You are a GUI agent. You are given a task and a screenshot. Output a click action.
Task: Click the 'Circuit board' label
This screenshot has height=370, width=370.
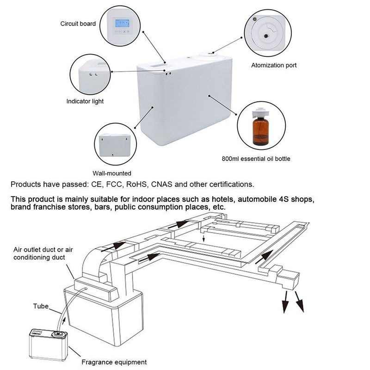pyautogui.click(x=78, y=23)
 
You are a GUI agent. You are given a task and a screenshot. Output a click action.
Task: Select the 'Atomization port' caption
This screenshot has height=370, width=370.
pyautogui.click(x=274, y=65)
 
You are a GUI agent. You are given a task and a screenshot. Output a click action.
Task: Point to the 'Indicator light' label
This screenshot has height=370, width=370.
pyautogui.click(x=85, y=101)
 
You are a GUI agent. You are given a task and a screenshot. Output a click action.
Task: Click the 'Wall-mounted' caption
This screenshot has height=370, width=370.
pyautogui.click(x=112, y=173)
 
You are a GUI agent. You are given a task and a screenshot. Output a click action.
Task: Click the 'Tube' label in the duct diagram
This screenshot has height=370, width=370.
pyautogui.click(x=40, y=306)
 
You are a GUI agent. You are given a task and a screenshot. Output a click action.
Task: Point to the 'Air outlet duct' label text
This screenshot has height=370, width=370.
pyautogui.click(x=35, y=250)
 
